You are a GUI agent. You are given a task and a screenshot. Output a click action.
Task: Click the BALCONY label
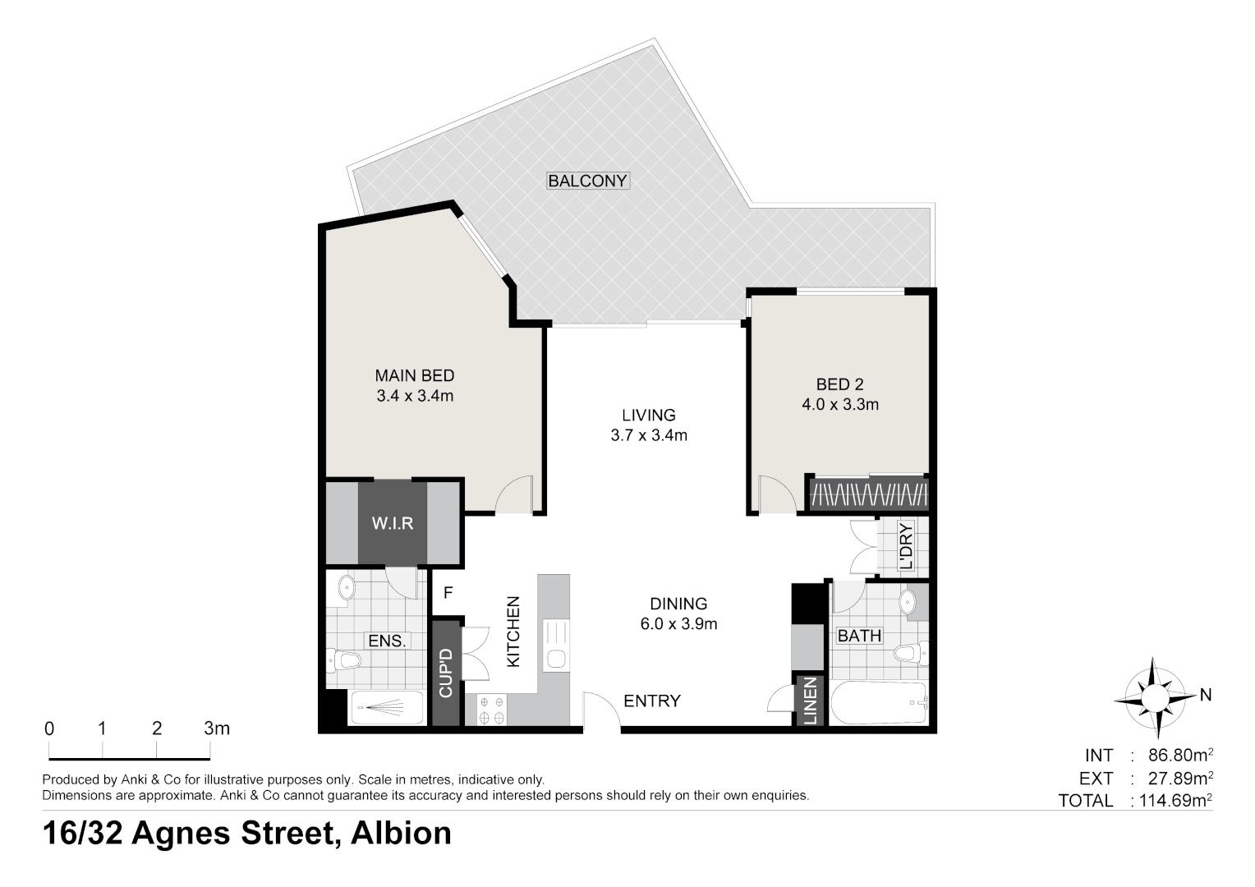pos(587,181)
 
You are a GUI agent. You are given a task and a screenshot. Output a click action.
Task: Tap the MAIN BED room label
pos(415,375)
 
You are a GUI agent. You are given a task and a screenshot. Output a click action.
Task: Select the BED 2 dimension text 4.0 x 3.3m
pos(839,404)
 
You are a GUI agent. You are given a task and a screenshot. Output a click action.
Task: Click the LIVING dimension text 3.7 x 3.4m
pos(648,435)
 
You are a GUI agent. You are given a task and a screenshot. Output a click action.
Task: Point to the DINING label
pos(678,603)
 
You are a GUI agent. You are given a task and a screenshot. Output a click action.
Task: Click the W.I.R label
pos(392,523)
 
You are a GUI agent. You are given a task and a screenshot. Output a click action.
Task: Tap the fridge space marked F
pos(448,592)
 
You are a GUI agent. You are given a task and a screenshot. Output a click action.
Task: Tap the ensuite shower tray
pos(387,707)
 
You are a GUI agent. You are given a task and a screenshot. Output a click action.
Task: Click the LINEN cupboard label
pos(811,701)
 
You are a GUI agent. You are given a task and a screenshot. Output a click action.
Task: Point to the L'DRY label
pos(905,546)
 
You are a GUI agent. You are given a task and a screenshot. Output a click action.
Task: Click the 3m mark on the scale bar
pos(217,728)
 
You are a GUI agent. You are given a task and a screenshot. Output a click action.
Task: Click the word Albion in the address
pos(401,833)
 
